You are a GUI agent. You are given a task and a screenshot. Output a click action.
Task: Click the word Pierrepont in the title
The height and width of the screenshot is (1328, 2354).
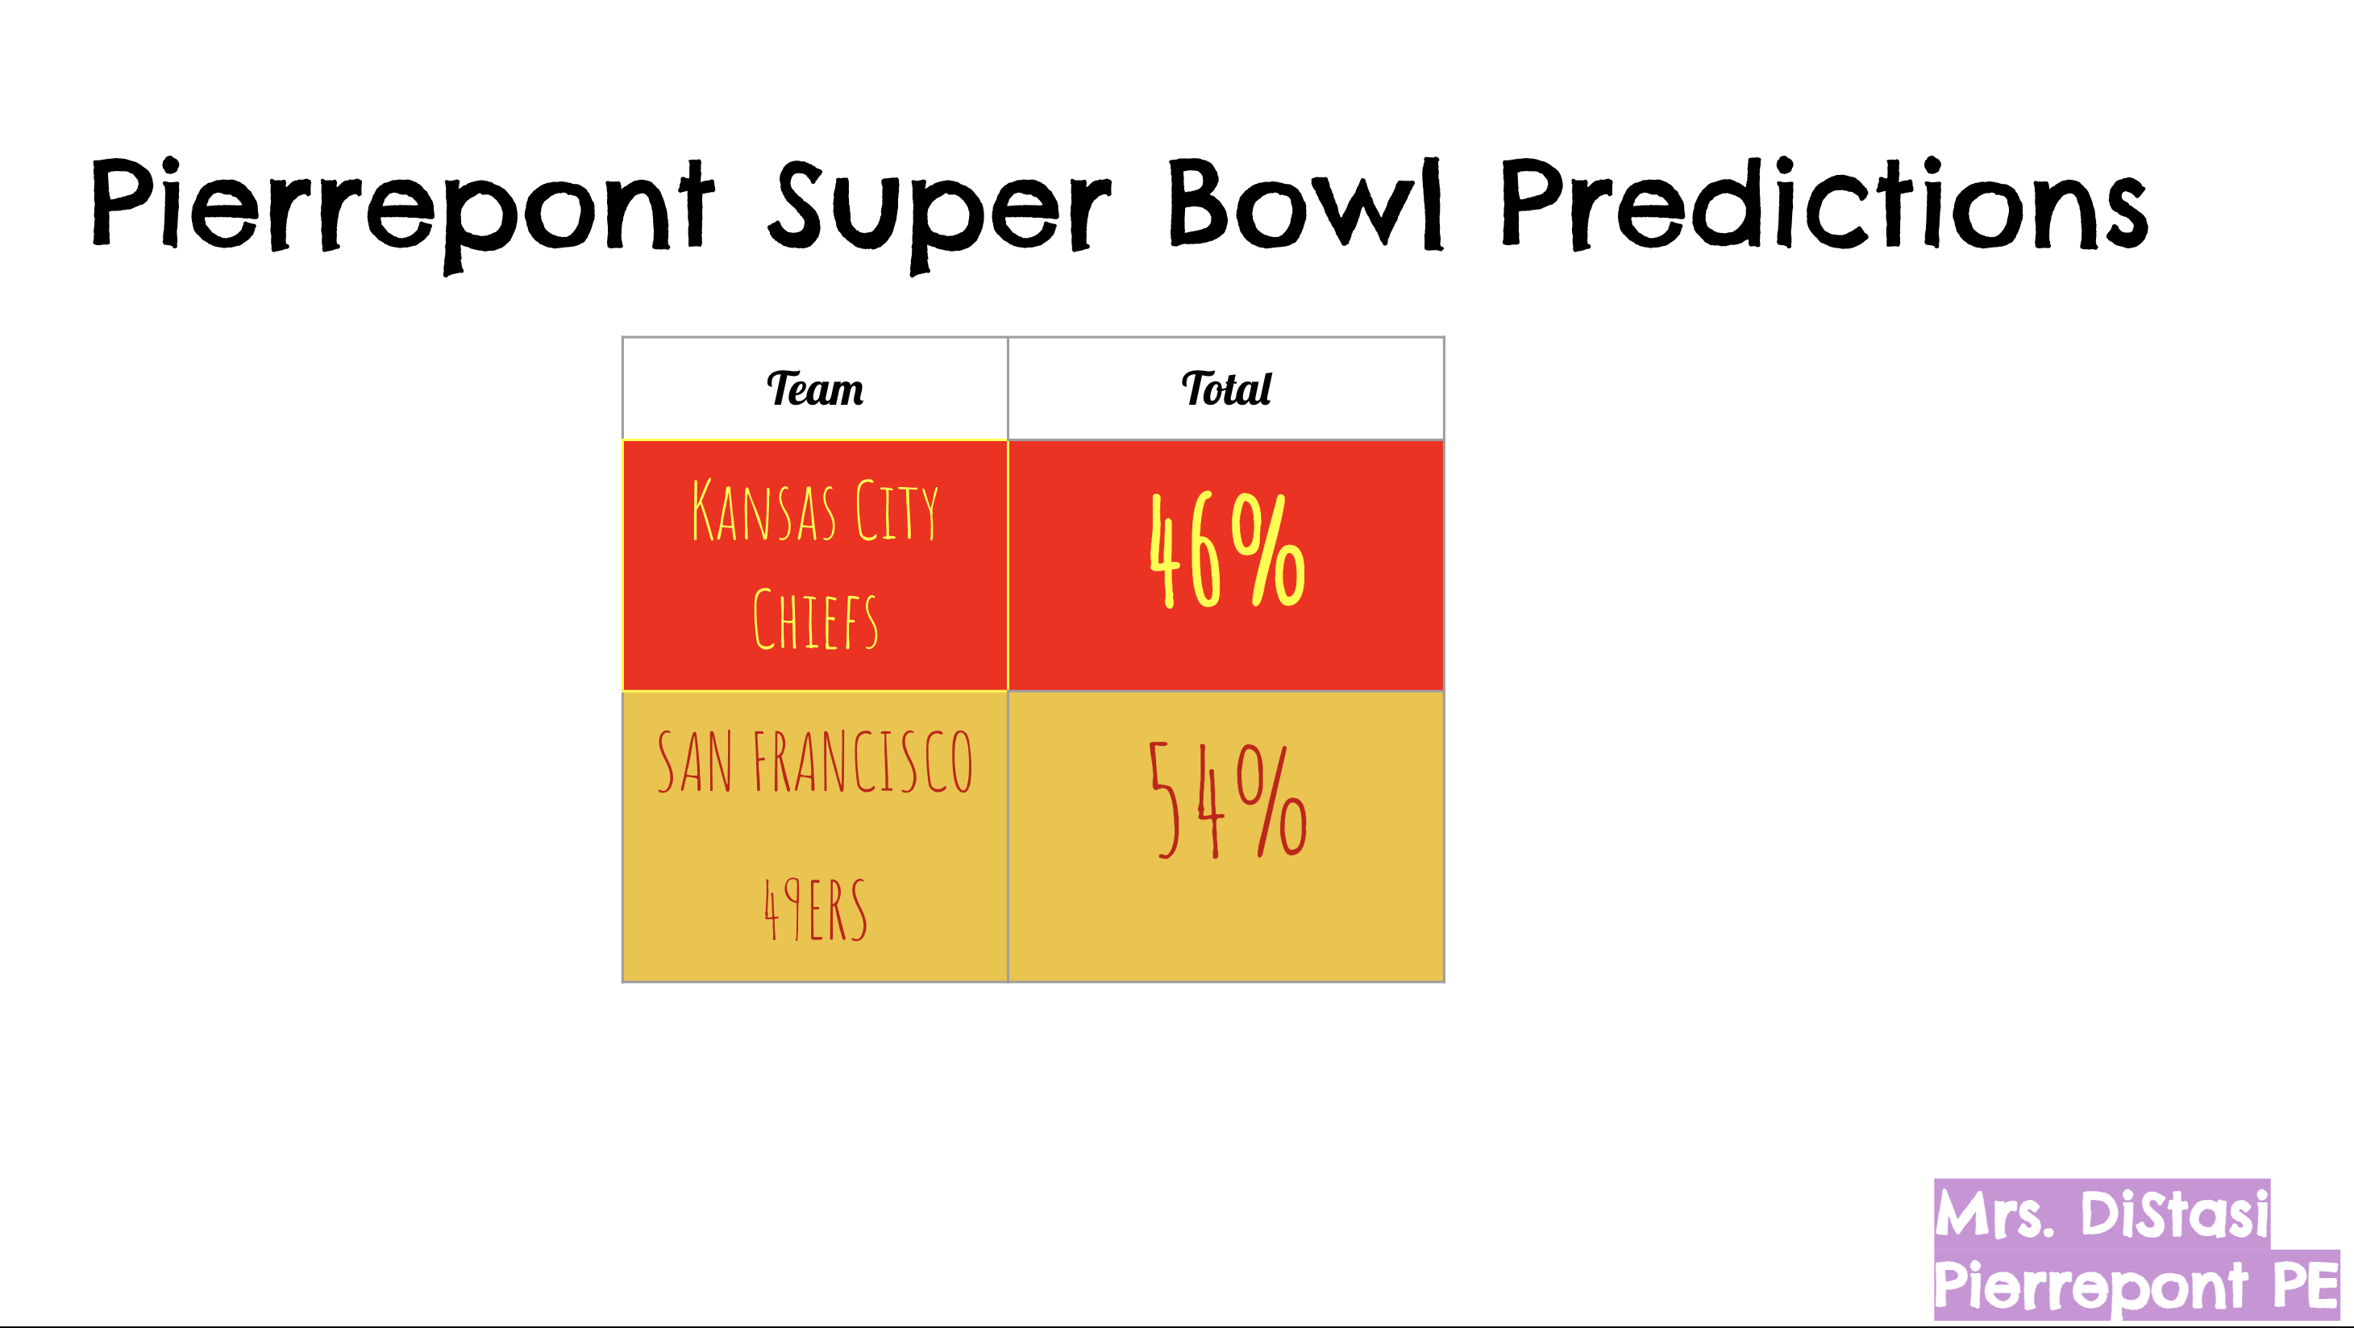(402, 214)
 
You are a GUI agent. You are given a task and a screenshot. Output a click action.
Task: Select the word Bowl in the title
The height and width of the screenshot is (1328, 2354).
(1307, 204)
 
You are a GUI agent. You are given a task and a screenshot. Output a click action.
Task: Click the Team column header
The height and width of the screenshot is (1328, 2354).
(814, 389)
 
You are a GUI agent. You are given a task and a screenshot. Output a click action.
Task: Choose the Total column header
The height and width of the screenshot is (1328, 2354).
(1225, 389)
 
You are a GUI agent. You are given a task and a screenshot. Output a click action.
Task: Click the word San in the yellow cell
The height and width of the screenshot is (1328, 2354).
(694, 760)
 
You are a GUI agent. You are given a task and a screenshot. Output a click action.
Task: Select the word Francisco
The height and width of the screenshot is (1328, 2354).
(863, 760)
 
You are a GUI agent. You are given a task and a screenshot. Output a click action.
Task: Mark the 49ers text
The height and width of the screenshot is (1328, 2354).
(815, 909)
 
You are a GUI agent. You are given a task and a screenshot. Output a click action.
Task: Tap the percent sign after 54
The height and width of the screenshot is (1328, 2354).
(1271, 800)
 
